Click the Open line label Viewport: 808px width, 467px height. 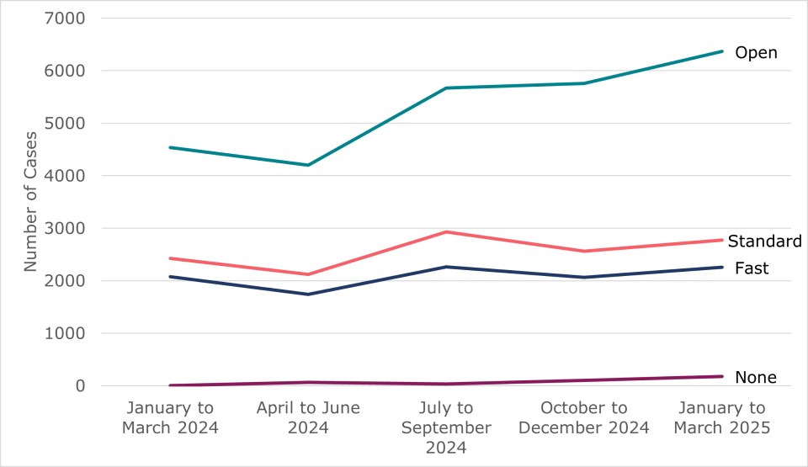click(756, 53)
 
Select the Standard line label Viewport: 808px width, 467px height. click(764, 241)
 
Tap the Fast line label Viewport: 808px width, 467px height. click(752, 268)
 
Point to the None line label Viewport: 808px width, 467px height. click(755, 377)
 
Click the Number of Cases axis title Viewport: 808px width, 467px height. click(31, 202)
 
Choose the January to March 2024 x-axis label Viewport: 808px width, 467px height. click(170, 417)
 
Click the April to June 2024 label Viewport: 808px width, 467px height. click(308, 417)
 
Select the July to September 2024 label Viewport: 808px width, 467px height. click(446, 427)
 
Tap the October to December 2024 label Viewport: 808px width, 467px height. click(584, 417)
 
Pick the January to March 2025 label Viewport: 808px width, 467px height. click(722, 417)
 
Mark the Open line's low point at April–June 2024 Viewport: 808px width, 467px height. click(308, 165)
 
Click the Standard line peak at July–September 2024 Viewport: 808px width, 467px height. click(446, 231)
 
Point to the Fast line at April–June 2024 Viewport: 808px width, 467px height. click(308, 294)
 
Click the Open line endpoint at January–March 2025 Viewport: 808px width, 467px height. click(722, 51)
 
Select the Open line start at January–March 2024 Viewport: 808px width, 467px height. click(170, 147)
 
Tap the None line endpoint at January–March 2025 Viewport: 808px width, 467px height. click(722, 376)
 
